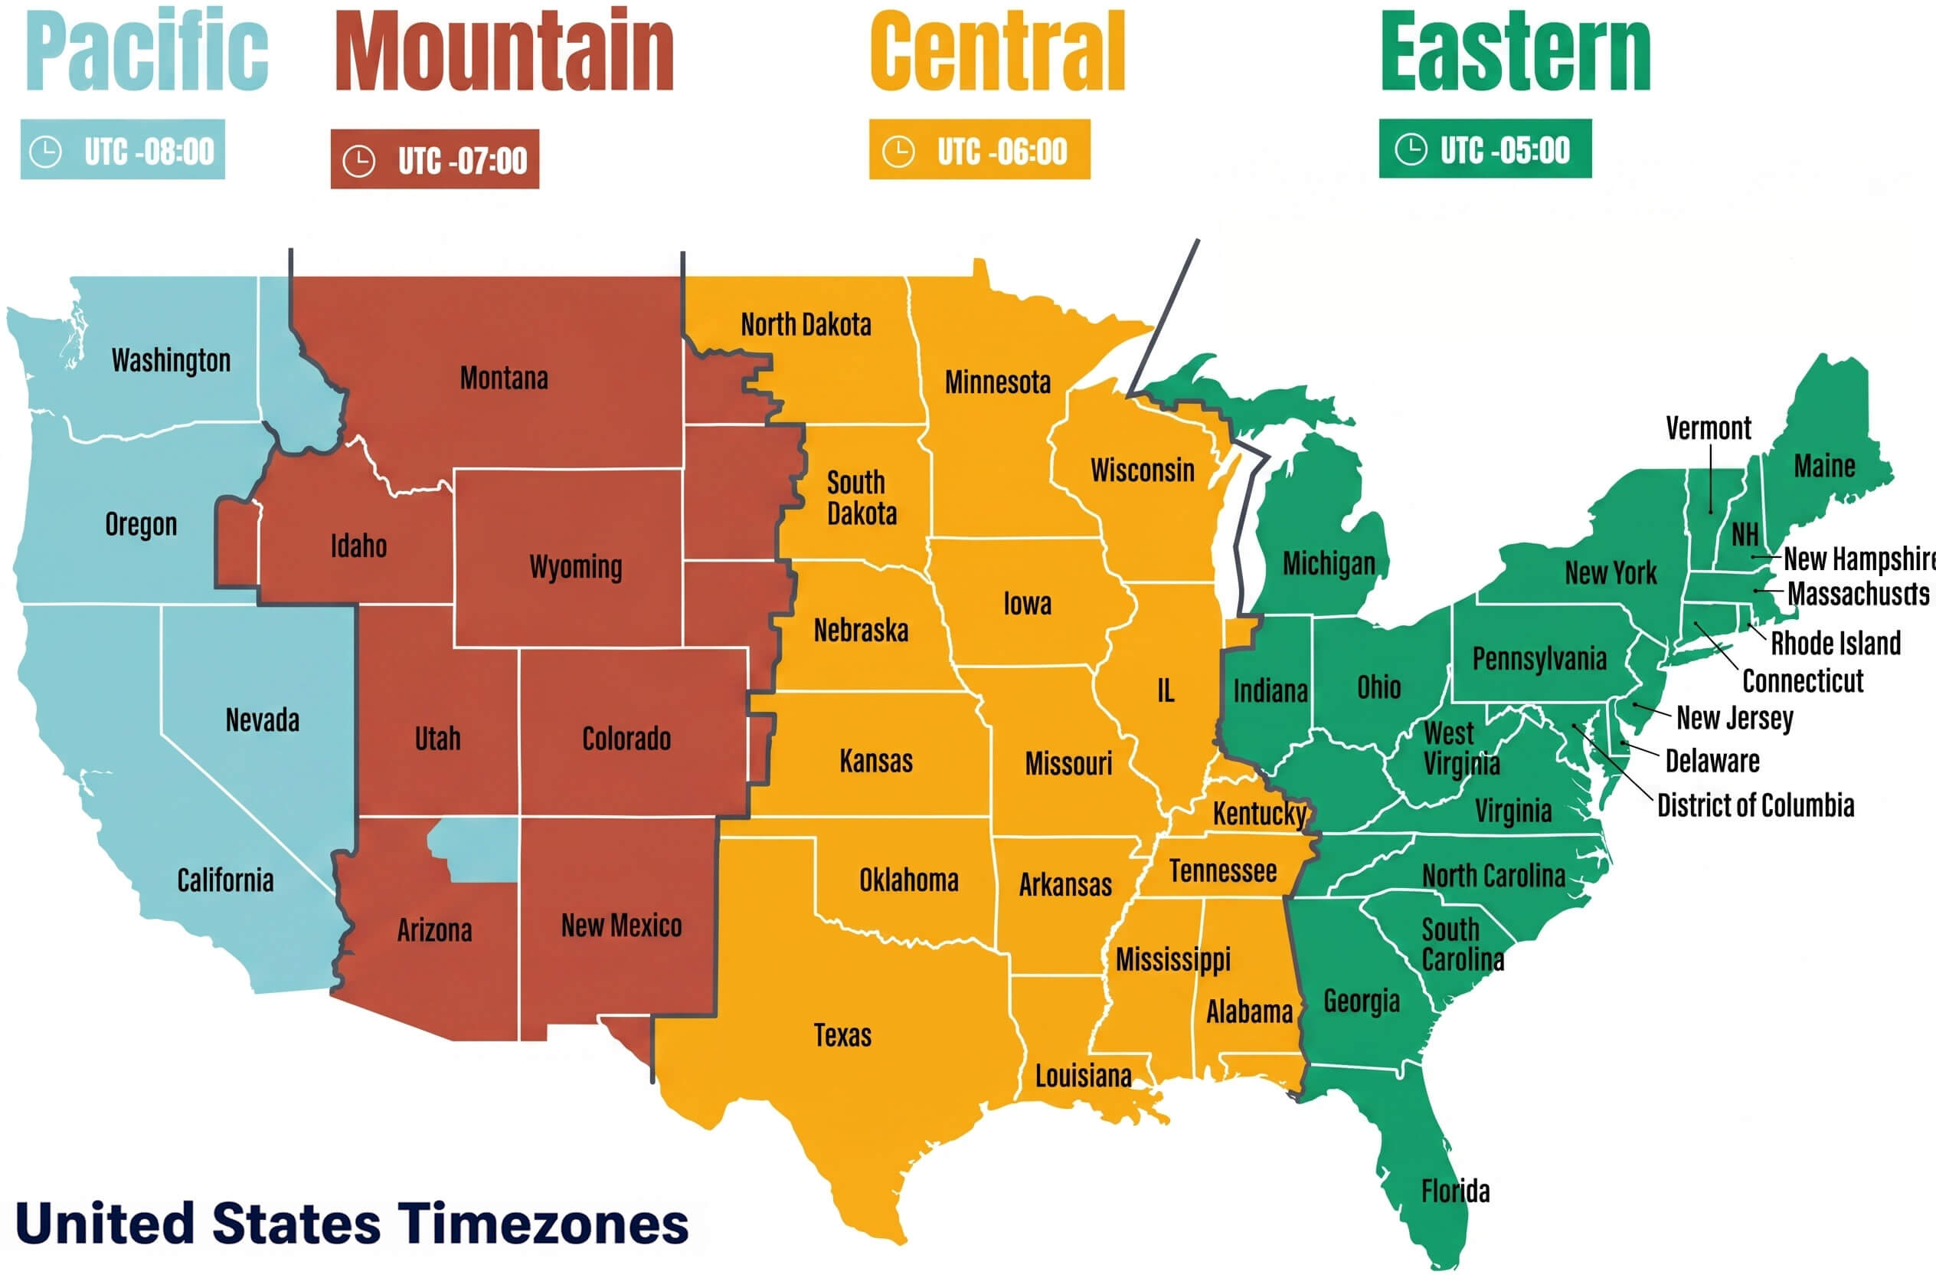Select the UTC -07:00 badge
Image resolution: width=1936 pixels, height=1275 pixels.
pyautogui.click(x=434, y=159)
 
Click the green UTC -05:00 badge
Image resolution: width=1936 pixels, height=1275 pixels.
pyautogui.click(x=1484, y=149)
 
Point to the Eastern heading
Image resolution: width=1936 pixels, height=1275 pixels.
pyautogui.click(x=1516, y=52)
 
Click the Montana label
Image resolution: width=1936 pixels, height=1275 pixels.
pyautogui.click(x=503, y=379)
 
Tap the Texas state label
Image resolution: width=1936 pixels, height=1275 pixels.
pyautogui.click(x=842, y=1036)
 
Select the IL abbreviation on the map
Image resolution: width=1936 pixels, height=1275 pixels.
pyautogui.click(x=1165, y=691)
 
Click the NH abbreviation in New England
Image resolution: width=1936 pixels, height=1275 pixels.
pyautogui.click(x=1744, y=535)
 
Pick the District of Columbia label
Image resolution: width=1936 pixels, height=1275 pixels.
pyautogui.click(x=1755, y=805)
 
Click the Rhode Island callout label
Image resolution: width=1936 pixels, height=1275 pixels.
pyautogui.click(x=1835, y=643)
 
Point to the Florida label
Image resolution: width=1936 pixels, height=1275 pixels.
pyautogui.click(x=1454, y=1191)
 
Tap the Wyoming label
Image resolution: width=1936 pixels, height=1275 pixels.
pyautogui.click(x=575, y=566)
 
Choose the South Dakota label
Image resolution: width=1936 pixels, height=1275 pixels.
pyautogui.click(x=861, y=498)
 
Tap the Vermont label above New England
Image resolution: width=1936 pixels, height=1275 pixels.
pyautogui.click(x=1708, y=428)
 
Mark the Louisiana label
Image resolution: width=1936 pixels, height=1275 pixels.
pyautogui.click(x=1082, y=1077)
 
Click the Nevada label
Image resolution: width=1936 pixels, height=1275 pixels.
pyautogui.click(x=262, y=720)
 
